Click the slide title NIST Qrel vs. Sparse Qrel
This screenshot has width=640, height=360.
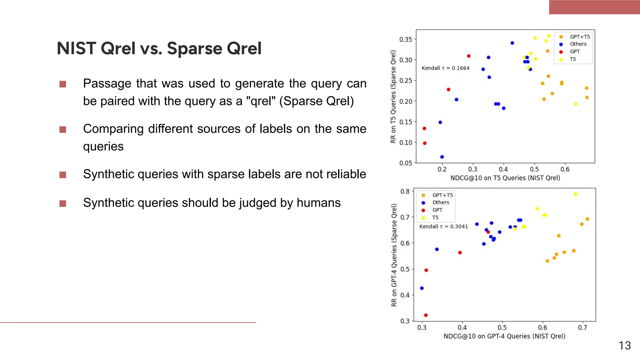click(159, 48)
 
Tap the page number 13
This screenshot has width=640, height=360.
click(624, 346)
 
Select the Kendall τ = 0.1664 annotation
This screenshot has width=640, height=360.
click(445, 68)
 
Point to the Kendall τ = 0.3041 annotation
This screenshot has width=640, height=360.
click(443, 227)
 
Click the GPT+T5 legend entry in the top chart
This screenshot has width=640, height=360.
click(580, 37)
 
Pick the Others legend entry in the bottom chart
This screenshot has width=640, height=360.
click(441, 202)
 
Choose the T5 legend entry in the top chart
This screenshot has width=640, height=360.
click(572, 59)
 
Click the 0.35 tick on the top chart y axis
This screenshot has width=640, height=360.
click(406, 39)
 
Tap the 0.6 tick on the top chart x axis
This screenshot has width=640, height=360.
click(565, 169)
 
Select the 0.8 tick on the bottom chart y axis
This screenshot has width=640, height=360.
click(405, 191)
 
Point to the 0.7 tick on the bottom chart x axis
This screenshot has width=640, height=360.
click(582, 327)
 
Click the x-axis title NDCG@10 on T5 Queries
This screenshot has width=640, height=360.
click(505, 178)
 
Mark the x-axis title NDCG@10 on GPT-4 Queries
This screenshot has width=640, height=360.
click(504, 336)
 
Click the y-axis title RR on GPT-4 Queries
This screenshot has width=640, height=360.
click(394, 255)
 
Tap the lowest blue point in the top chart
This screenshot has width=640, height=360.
click(442, 157)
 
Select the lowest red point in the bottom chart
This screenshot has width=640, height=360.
click(426, 315)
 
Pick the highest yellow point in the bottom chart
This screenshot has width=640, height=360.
click(576, 194)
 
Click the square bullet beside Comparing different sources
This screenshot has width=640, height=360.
click(63, 130)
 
